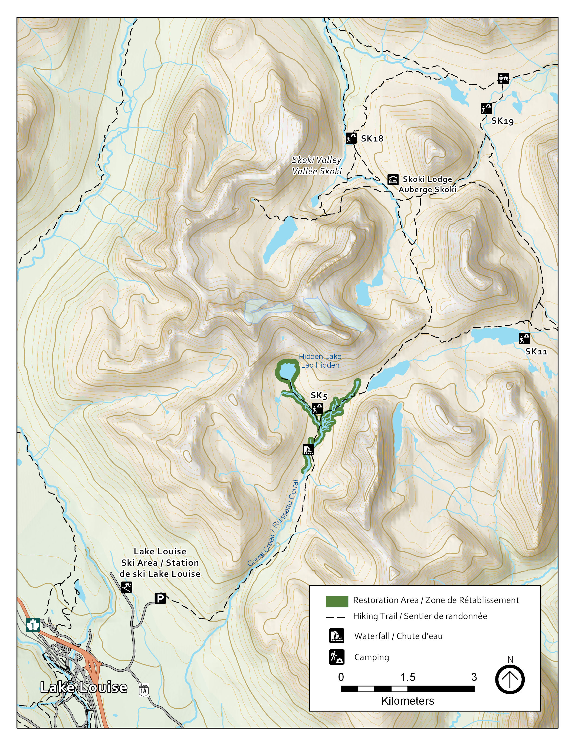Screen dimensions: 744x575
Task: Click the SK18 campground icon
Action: [351, 138]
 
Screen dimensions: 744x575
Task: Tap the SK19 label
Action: [502, 121]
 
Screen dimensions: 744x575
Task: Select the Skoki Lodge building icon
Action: [393, 180]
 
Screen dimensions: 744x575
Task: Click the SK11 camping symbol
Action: [524, 339]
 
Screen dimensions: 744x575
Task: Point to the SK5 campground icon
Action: [317, 408]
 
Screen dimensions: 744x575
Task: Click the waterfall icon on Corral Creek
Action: [308, 450]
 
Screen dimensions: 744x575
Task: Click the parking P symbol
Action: [160, 598]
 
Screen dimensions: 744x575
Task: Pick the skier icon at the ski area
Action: [127, 587]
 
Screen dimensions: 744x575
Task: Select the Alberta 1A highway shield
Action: [144, 690]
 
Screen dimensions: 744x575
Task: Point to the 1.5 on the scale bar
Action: [408, 677]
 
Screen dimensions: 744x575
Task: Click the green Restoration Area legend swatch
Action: [337, 602]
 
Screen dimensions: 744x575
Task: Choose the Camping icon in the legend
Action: [337, 657]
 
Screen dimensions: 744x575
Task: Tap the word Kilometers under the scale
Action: [408, 701]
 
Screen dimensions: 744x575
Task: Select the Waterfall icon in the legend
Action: [337, 636]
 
